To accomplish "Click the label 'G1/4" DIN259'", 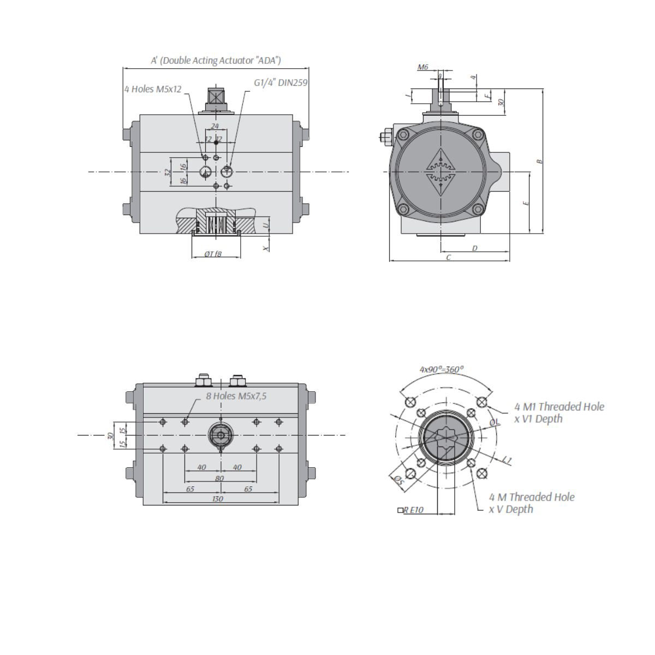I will click(x=281, y=83).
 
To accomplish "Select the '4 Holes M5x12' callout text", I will click(x=153, y=89).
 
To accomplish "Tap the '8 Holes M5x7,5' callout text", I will click(x=236, y=396).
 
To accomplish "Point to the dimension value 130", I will click(x=217, y=499).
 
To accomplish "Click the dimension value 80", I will click(x=219, y=478).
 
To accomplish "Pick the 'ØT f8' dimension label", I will click(x=213, y=254).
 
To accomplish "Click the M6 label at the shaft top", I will click(x=423, y=67).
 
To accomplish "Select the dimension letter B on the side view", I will click(x=539, y=161).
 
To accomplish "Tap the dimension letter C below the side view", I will click(x=448, y=257).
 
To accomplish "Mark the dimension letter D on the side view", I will click(x=474, y=248).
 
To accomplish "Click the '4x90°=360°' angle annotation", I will click(x=442, y=370).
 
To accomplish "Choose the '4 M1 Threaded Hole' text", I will click(x=559, y=407).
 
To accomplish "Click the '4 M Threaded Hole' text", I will click(x=532, y=497).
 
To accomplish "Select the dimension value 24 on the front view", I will click(x=215, y=126).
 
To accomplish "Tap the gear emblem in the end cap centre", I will click(x=439, y=171).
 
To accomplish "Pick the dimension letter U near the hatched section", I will click(x=266, y=224).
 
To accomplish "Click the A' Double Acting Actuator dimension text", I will click(x=216, y=61).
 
